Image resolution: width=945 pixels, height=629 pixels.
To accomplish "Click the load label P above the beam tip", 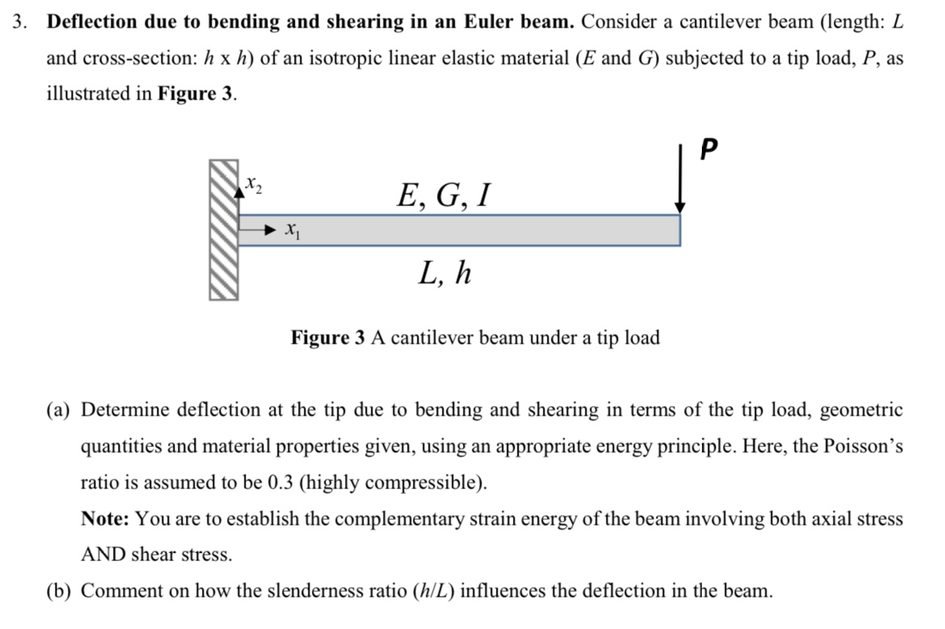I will [709, 150].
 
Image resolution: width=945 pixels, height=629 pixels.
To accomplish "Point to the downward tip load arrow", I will [681, 182].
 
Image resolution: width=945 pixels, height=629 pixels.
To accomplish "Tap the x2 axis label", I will [254, 185].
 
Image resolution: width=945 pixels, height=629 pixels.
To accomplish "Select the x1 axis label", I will [291, 232].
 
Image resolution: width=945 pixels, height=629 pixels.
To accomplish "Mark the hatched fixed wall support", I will [224, 230].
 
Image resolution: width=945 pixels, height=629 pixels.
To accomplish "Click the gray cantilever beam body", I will [468, 230].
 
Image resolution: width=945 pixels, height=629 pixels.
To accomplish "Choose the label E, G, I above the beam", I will [443, 195].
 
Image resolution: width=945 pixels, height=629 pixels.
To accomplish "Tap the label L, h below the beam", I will [444, 275].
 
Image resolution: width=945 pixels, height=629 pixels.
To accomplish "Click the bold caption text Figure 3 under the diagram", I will [328, 337].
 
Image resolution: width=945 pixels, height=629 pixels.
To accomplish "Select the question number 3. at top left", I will [21, 22].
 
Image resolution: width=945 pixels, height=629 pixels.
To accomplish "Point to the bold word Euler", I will [494, 22].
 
